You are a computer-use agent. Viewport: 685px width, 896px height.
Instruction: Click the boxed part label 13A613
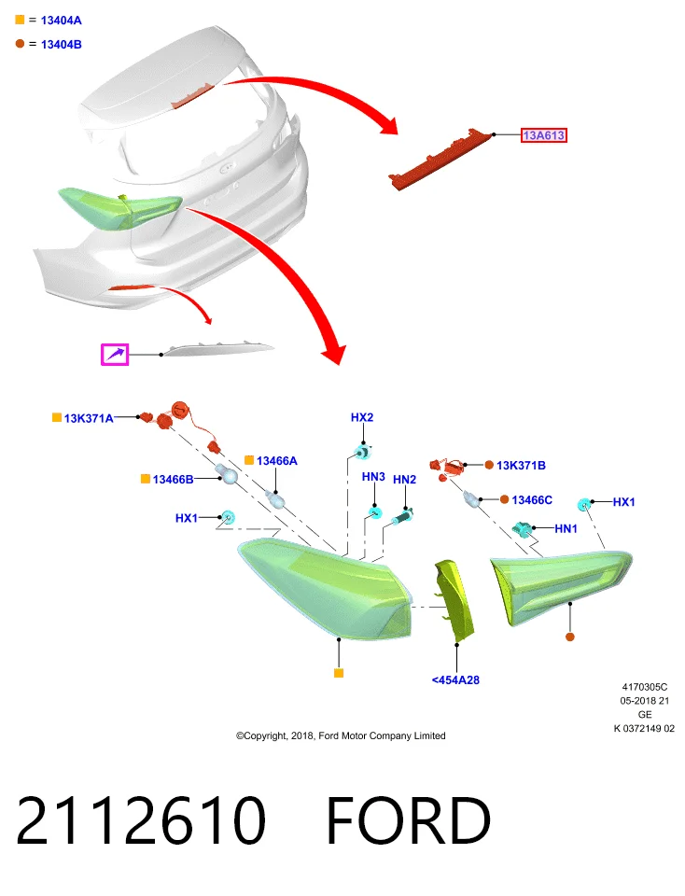coord(544,135)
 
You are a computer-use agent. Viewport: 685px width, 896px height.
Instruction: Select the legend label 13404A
coord(62,21)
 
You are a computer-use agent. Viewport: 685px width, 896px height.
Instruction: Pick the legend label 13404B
coord(62,45)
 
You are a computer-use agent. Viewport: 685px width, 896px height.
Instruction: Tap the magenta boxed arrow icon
coord(115,355)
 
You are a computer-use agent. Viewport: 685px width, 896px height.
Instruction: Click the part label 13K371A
coord(89,418)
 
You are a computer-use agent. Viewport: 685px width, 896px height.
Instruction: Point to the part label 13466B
coord(173,480)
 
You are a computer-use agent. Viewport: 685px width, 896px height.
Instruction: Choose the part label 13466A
coord(277,460)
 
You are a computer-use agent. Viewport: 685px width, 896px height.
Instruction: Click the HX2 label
coord(362,418)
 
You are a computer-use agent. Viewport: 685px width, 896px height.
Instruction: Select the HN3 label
coord(373,477)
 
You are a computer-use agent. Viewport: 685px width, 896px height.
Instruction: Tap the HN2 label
coord(404,480)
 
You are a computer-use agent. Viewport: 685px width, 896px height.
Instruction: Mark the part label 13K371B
coord(521,465)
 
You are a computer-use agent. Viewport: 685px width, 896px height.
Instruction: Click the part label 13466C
coord(532,500)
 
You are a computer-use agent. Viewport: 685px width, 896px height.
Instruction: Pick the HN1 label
coord(566,528)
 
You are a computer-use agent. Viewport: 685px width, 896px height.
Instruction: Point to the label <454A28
coord(455,680)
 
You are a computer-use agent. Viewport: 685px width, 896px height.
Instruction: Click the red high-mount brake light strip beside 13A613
coord(440,159)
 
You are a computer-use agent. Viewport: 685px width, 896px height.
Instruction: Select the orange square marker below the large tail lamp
coord(339,673)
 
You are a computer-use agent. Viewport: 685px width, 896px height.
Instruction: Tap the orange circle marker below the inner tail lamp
coord(569,637)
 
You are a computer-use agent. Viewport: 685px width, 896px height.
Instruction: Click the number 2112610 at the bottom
coord(141,820)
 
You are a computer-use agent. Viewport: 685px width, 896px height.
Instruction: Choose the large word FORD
coord(409,820)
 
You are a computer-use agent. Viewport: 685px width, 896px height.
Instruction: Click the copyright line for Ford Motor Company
coord(341,736)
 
